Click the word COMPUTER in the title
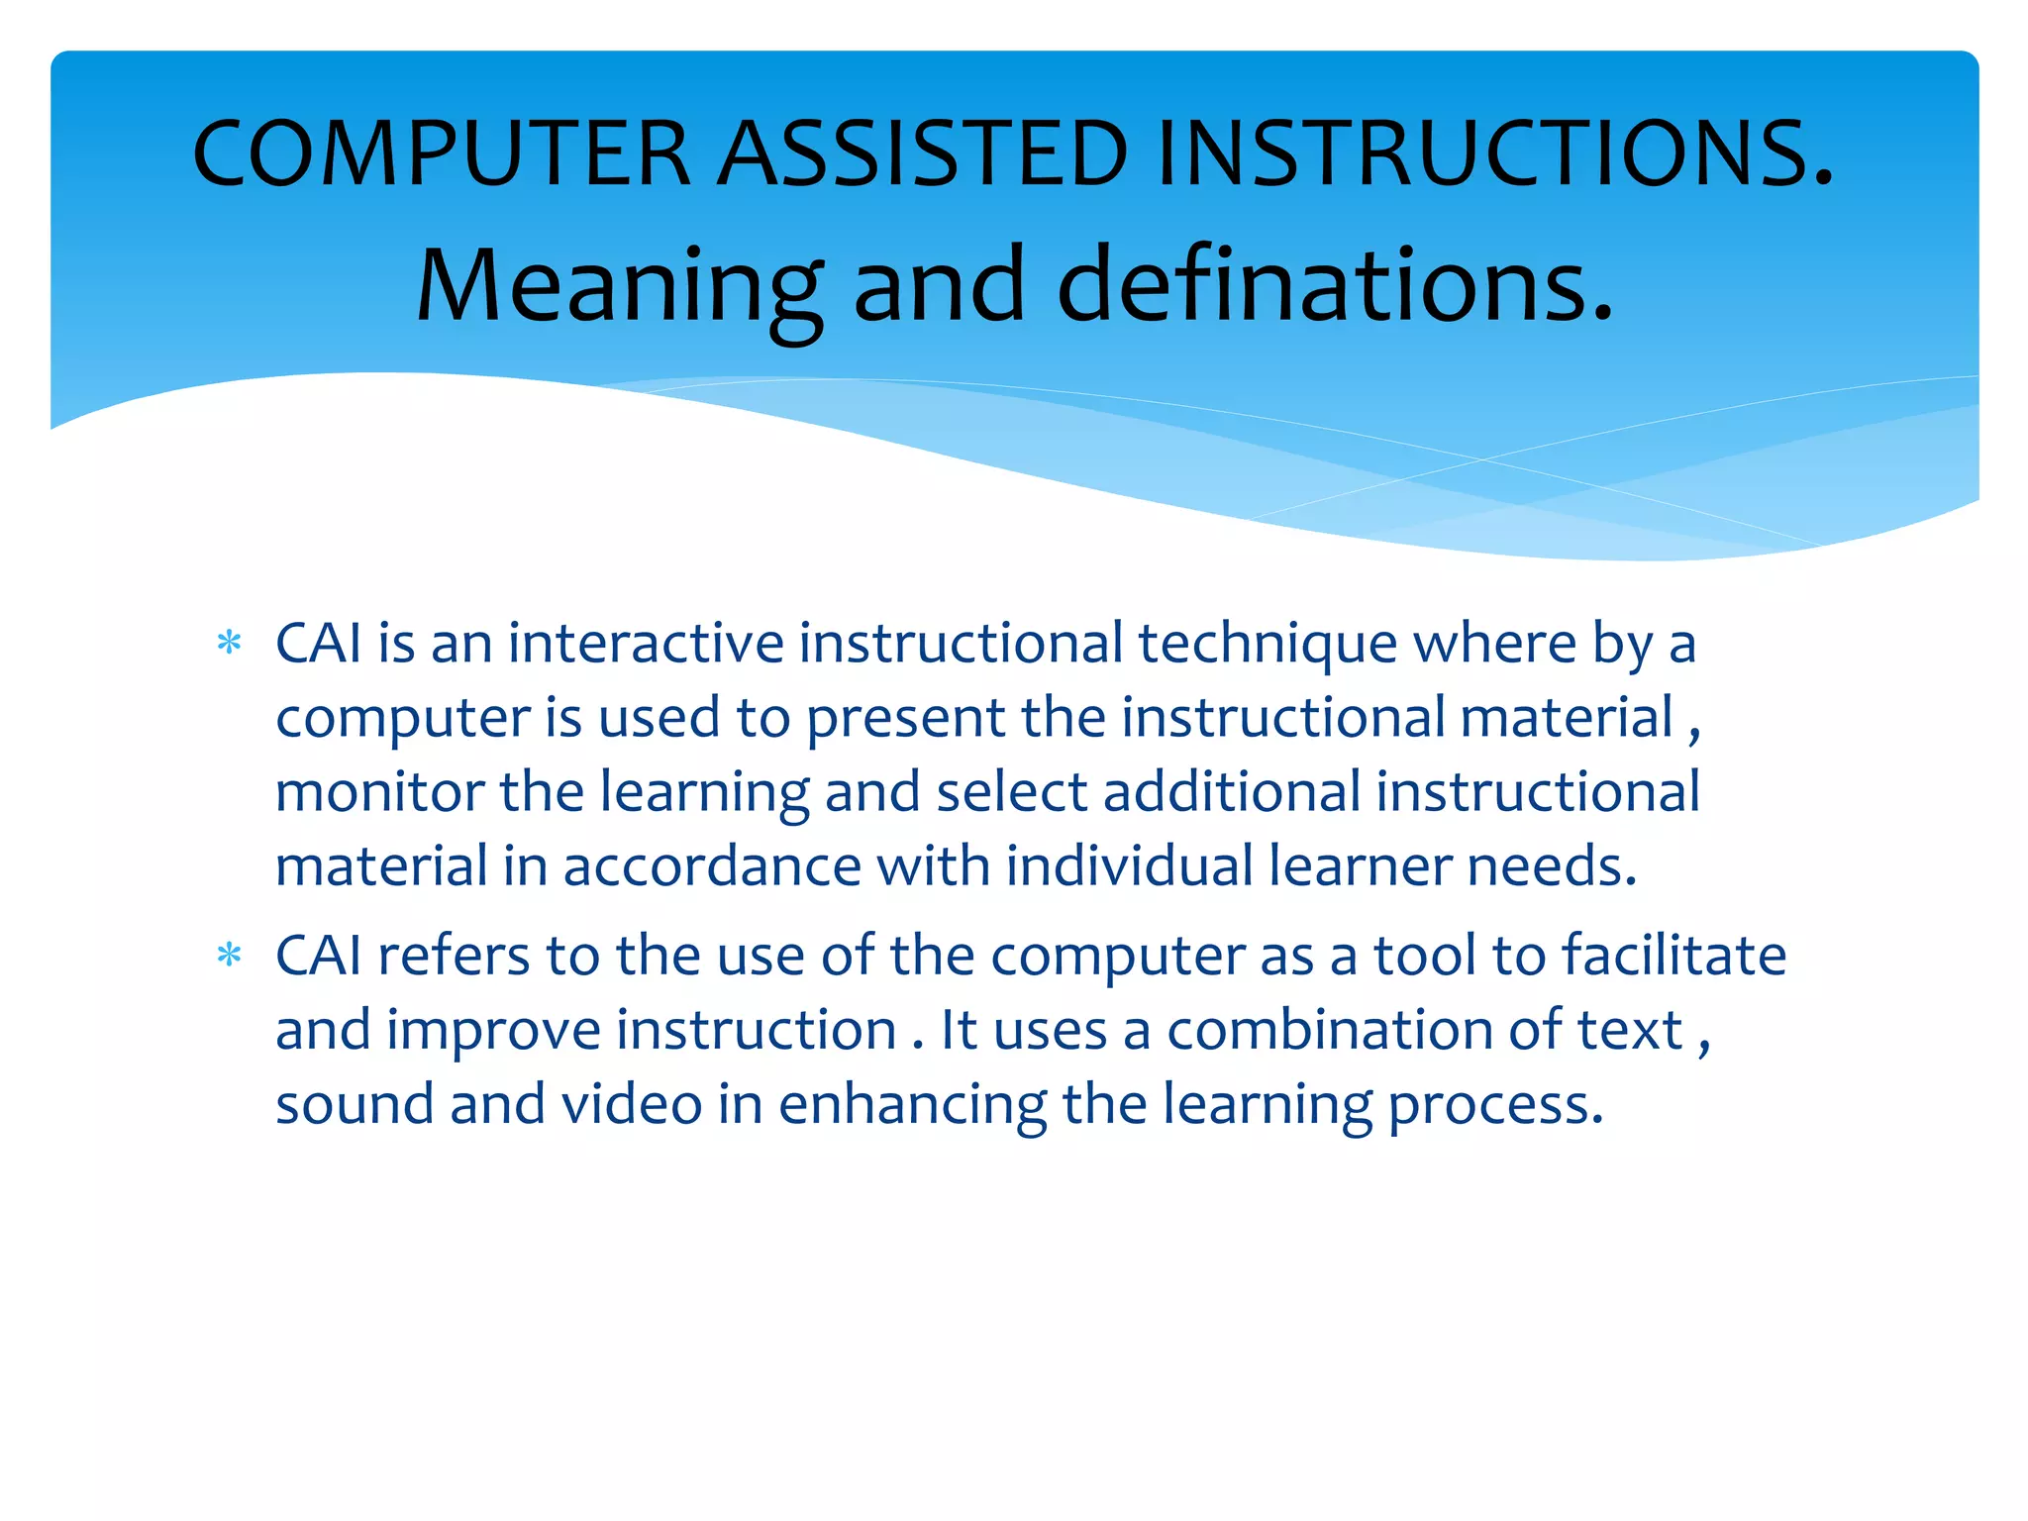pos(441,153)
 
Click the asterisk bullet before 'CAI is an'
pos(229,645)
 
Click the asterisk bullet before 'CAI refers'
pos(229,957)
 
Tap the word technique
pos(1267,645)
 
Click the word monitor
pos(379,792)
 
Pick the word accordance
pos(712,866)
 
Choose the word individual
pos(1130,865)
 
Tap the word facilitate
pos(1673,956)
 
